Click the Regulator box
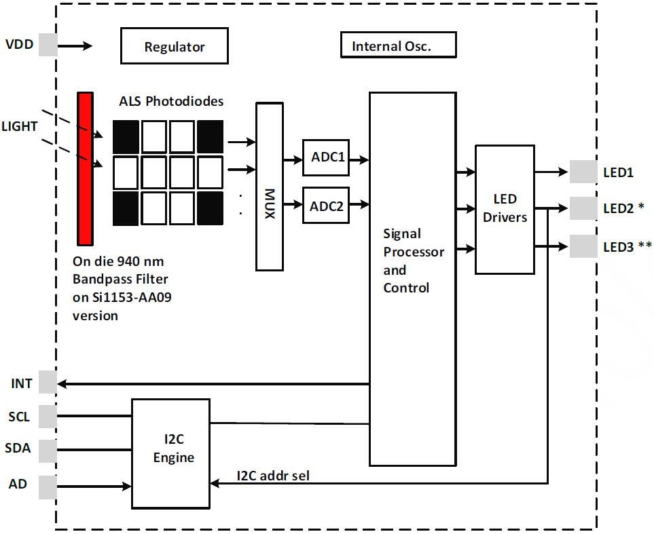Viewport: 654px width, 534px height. (x=174, y=46)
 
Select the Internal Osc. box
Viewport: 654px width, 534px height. (x=397, y=45)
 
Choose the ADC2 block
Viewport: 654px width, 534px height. (x=326, y=206)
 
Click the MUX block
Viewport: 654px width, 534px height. (x=269, y=187)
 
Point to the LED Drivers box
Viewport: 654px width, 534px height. (x=505, y=209)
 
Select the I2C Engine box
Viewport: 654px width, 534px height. (x=170, y=453)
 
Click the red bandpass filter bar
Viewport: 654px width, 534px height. (x=85, y=168)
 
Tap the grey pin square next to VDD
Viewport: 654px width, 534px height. (x=48, y=45)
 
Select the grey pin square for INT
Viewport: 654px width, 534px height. (x=48, y=383)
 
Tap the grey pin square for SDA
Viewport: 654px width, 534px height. (x=48, y=451)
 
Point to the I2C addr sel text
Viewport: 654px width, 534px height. (x=272, y=476)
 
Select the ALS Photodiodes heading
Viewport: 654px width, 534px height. (x=171, y=102)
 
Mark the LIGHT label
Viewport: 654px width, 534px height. (x=20, y=126)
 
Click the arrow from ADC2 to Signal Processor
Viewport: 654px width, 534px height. (x=359, y=204)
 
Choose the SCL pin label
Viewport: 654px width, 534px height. (x=18, y=417)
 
